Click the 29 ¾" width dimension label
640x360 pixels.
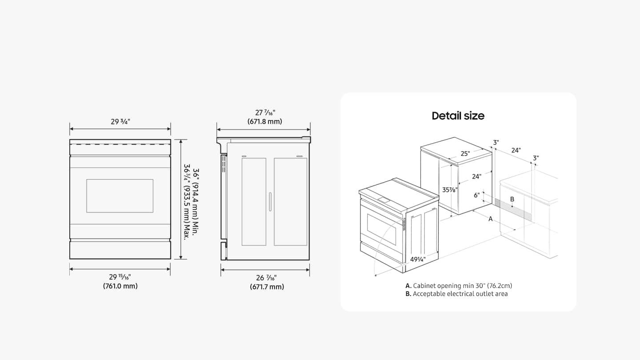pos(120,122)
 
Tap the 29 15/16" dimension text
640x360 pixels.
pos(120,277)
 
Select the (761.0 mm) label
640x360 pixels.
pos(120,286)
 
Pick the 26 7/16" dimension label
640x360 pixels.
pos(266,278)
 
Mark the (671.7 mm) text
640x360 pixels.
pos(266,287)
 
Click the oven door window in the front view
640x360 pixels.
pos(120,196)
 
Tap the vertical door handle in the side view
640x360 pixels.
pos(270,202)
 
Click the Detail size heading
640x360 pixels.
pos(458,116)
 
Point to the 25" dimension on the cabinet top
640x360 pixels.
pos(465,154)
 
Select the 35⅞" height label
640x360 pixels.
pos(450,189)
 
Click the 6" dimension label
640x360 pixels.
pos(476,196)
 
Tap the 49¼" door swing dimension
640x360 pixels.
pos(418,259)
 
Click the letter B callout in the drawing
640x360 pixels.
pos(512,200)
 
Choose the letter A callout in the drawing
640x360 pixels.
pos(491,219)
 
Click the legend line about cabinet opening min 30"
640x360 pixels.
pos(462,286)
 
